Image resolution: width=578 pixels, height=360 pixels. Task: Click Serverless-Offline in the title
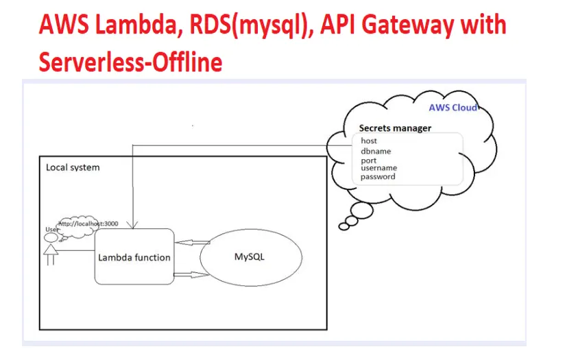click(x=130, y=62)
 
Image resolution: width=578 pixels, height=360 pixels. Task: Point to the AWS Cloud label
click(x=453, y=108)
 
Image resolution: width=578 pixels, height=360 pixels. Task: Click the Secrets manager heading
click(x=395, y=128)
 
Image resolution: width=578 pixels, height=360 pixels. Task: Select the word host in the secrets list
click(x=369, y=141)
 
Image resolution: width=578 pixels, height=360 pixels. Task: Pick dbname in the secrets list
click(x=376, y=152)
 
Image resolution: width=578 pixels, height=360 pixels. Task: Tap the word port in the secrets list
click(x=368, y=161)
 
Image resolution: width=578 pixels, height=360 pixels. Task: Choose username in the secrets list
click(x=379, y=168)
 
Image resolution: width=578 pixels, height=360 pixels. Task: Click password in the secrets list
click(x=378, y=177)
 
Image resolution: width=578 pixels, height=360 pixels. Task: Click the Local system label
click(x=73, y=167)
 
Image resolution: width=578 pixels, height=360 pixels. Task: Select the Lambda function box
click(x=134, y=257)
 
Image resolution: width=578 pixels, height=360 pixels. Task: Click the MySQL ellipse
click(x=250, y=257)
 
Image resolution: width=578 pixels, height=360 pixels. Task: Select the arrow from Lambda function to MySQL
click(x=195, y=274)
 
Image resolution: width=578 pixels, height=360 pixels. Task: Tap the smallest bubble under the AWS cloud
click(x=344, y=225)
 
